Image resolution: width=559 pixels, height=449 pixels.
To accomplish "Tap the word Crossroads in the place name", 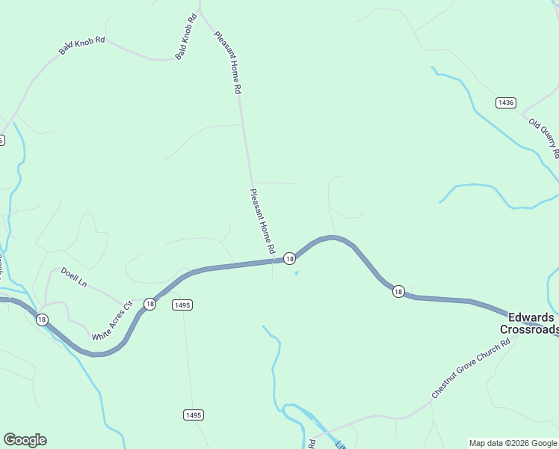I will (x=529, y=329).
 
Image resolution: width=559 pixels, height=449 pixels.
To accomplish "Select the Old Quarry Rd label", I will (x=544, y=138).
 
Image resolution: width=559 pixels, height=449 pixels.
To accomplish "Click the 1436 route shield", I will (x=506, y=102).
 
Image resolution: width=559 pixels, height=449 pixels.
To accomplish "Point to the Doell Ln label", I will (x=74, y=278).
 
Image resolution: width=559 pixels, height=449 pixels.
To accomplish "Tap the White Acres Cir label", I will (x=112, y=322).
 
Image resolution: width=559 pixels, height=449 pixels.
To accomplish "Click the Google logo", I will (x=25, y=440).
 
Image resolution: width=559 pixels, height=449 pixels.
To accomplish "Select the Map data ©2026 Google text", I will (x=513, y=443).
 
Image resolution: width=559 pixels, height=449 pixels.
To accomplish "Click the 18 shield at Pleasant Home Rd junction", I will (x=289, y=258).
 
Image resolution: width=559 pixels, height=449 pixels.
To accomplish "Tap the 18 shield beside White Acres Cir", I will (x=150, y=304).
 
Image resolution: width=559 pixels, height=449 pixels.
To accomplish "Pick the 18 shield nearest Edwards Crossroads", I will (x=398, y=291).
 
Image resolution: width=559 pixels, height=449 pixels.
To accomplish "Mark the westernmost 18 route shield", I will (x=41, y=320).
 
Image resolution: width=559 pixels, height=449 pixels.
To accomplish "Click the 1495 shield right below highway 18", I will (x=182, y=305).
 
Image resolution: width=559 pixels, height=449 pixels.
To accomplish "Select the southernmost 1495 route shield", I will (x=193, y=415).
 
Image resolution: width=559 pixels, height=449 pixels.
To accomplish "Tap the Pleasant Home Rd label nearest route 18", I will (x=262, y=220).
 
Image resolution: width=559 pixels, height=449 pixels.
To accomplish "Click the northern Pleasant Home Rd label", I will (x=227, y=61).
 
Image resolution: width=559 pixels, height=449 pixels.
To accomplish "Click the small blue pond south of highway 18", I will (x=296, y=273).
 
